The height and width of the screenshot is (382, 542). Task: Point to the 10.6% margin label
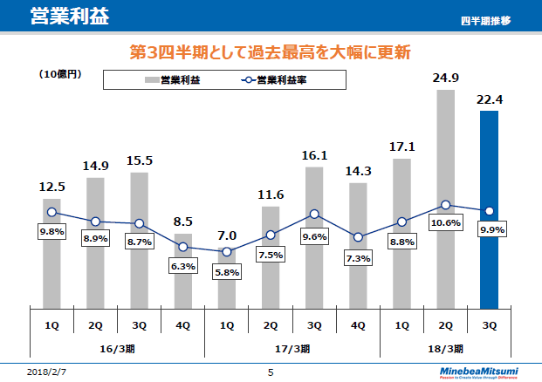445,223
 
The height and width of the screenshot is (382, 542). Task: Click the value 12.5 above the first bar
52,187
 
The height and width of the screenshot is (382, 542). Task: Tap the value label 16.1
314,155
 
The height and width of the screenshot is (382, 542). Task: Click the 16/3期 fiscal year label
118,347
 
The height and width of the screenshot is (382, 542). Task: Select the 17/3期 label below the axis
292,347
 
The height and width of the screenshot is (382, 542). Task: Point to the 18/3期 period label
445,347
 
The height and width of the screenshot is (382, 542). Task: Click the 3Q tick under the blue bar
489,324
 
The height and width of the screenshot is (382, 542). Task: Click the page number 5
271,372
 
